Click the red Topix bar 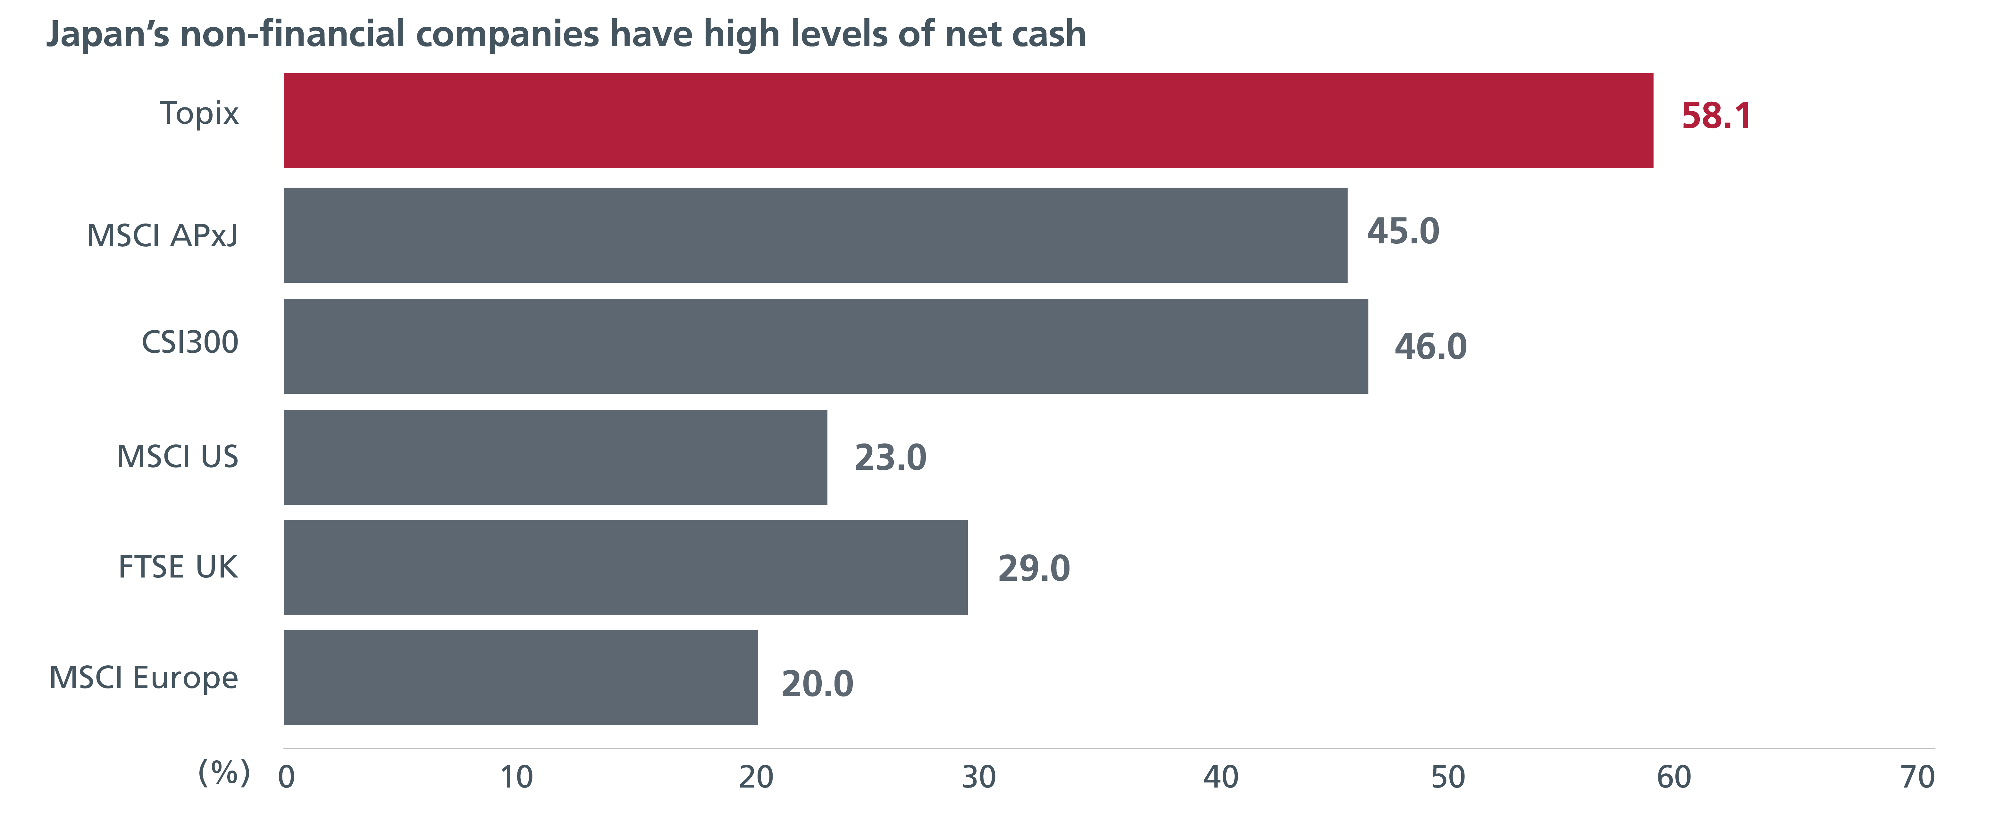point(968,121)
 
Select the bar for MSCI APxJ point(815,235)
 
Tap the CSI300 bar point(826,346)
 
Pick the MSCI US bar point(556,458)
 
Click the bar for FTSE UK point(625,567)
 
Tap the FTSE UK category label point(178,567)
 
